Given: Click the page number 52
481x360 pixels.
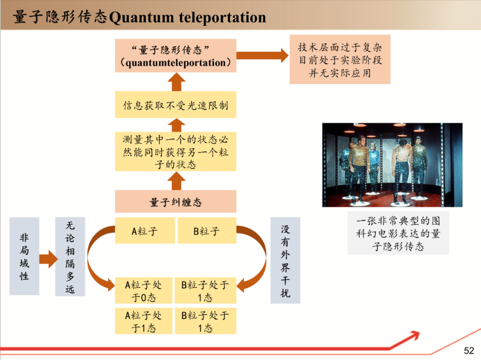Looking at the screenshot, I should (469, 351).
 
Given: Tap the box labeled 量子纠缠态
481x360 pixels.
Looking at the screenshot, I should (175, 202).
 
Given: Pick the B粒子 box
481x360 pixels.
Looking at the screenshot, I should (207, 231).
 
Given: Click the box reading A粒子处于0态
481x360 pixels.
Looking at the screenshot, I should (143, 291).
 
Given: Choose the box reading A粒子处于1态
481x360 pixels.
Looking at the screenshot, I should (143, 321).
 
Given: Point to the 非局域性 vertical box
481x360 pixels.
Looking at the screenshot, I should (24, 256).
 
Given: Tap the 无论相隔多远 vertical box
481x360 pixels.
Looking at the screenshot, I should (70, 257).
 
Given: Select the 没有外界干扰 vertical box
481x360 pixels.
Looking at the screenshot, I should (285, 260).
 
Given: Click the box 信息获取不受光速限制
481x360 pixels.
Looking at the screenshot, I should (175, 105).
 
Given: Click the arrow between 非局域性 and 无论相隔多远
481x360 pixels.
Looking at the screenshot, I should (48, 259).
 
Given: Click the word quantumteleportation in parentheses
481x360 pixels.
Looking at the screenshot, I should (176, 63).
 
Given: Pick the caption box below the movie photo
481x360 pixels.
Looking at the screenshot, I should (398, 233).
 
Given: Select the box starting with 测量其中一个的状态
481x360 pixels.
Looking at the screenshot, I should (175, 151).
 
